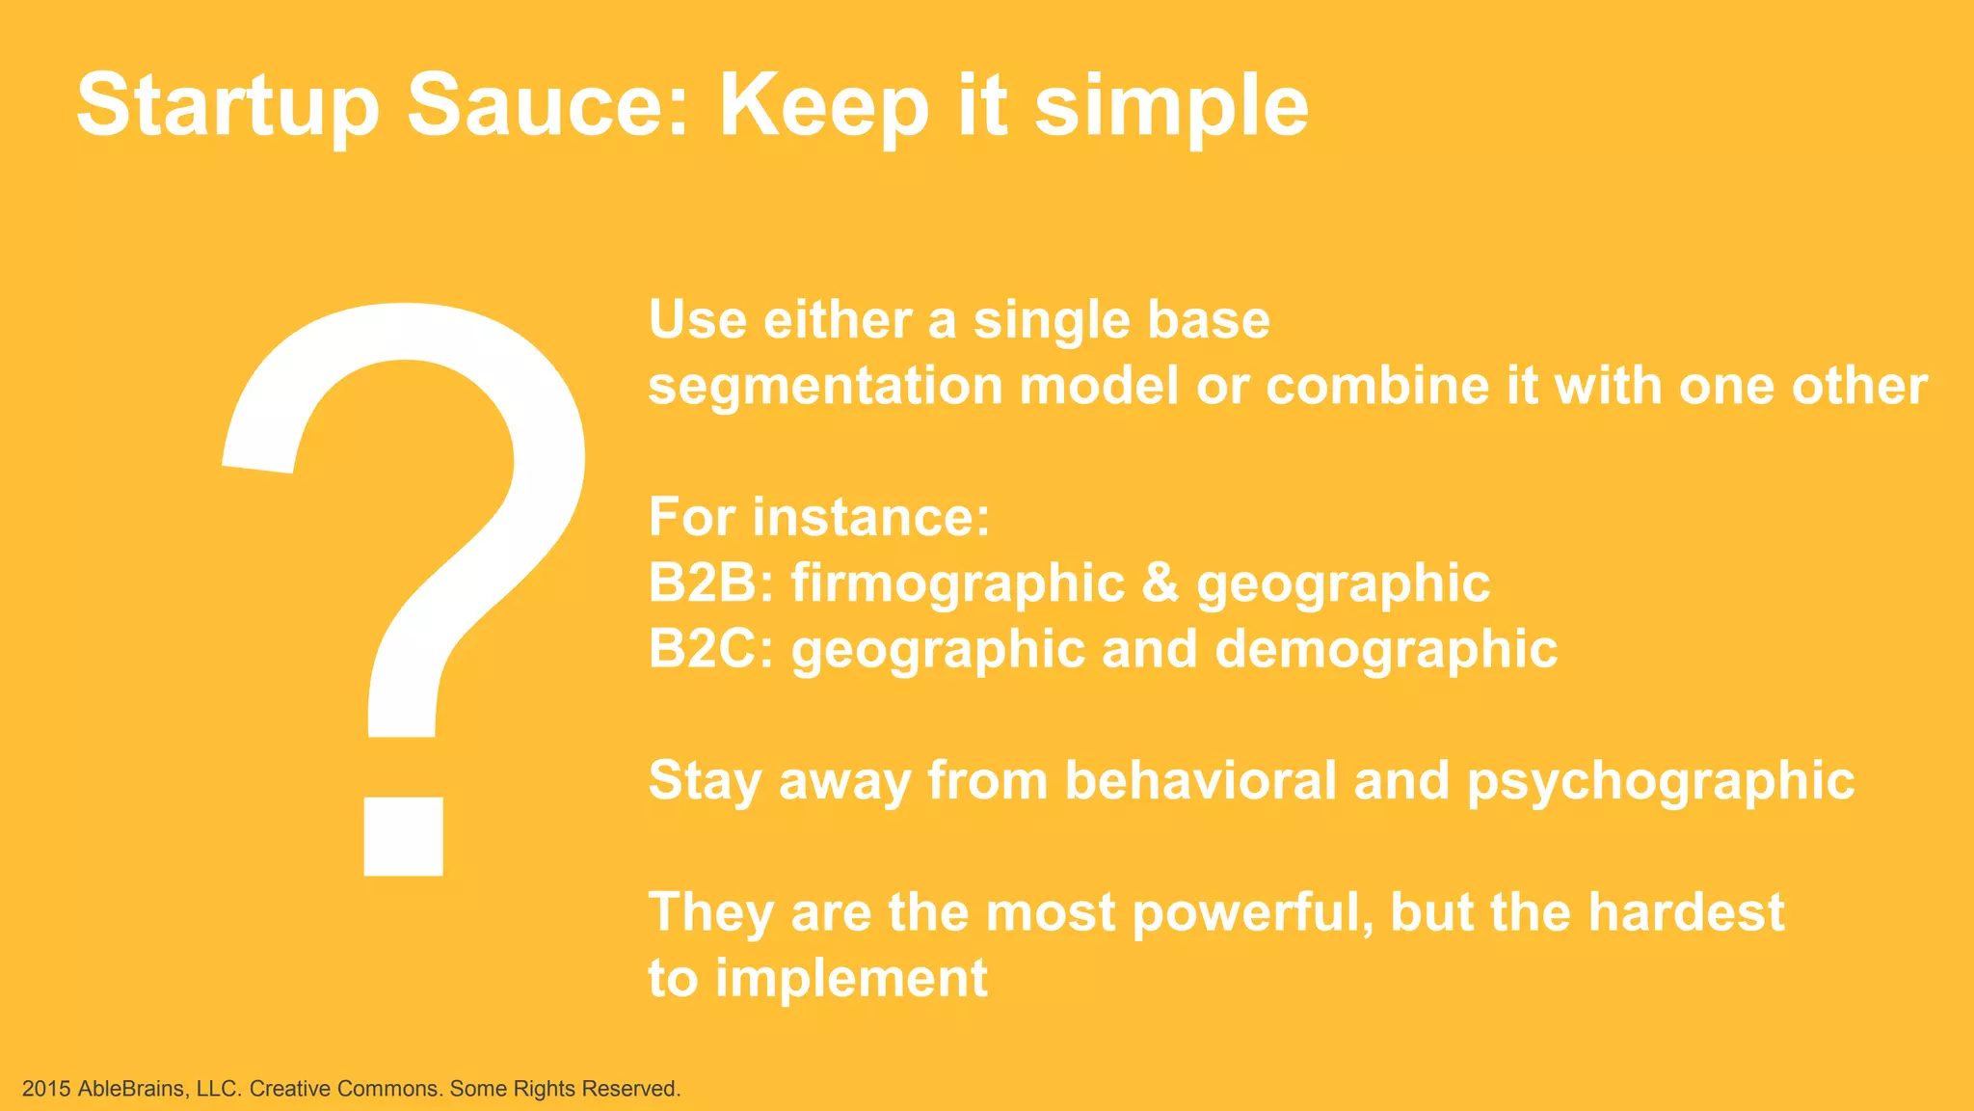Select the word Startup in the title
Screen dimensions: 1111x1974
click(x=228, y=106)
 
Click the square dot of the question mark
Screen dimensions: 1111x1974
click(x=403, y=836)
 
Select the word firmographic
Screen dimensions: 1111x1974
click(x=957, y=584)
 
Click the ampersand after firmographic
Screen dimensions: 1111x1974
click(x=1160, y=583)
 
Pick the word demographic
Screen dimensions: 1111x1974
click(x=1386, y=650)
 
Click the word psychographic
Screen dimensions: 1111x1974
click(x=1660, y=781)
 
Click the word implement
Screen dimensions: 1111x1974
click(x=851, y=980)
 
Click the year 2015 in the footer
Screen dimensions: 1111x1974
click(x=46, y=1089)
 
